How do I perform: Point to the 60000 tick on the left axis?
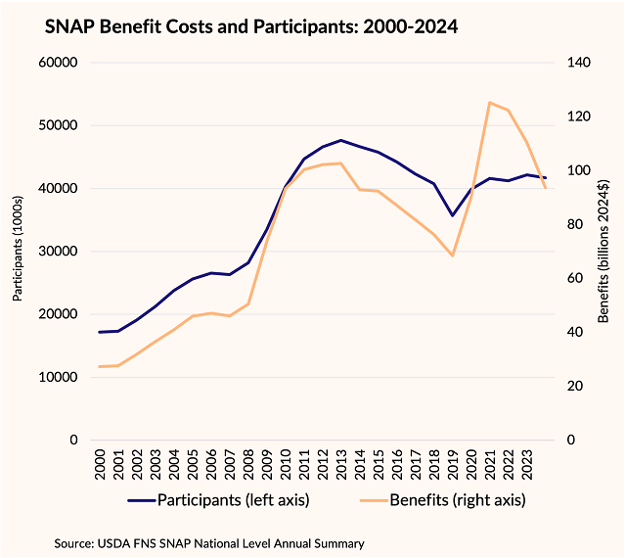point(58,63)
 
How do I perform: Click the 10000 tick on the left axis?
point(58,377)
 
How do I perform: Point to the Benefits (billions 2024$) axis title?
point(604,250)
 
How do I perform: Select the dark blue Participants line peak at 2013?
point(340,140)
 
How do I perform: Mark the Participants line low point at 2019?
point(452,215)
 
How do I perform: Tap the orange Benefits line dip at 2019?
point(452,256)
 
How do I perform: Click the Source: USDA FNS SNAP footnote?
point(196,540)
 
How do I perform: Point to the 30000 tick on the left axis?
point(58,252)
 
